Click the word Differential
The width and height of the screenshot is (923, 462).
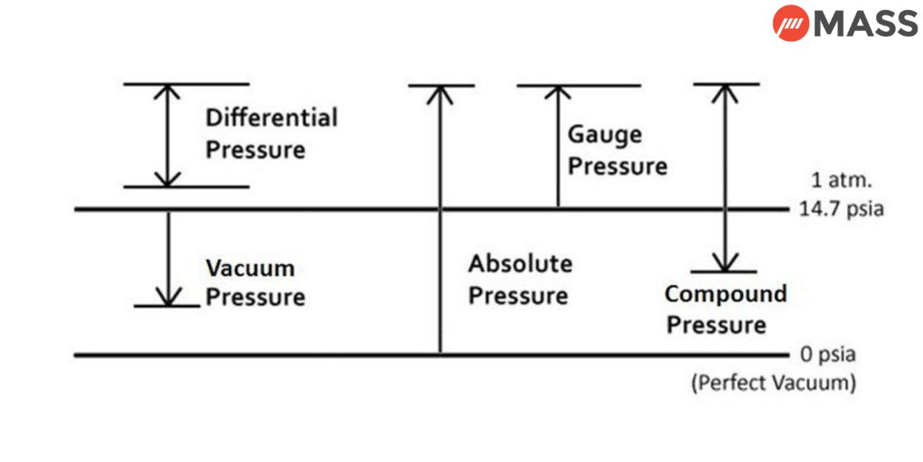point(272,118)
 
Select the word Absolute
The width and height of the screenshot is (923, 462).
point(521,264)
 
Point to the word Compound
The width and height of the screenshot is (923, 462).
point(725,294)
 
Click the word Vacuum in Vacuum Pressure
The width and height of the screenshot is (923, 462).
point(250,269)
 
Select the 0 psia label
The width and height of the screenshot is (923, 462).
point(828,356)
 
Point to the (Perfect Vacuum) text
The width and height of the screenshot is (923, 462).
point(773,383)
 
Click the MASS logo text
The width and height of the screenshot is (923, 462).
point(865,24)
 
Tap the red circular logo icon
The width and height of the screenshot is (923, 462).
point(791,24)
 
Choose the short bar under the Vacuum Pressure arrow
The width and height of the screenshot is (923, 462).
point(167,306)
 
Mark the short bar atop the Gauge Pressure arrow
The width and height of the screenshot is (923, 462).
point(578,85)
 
